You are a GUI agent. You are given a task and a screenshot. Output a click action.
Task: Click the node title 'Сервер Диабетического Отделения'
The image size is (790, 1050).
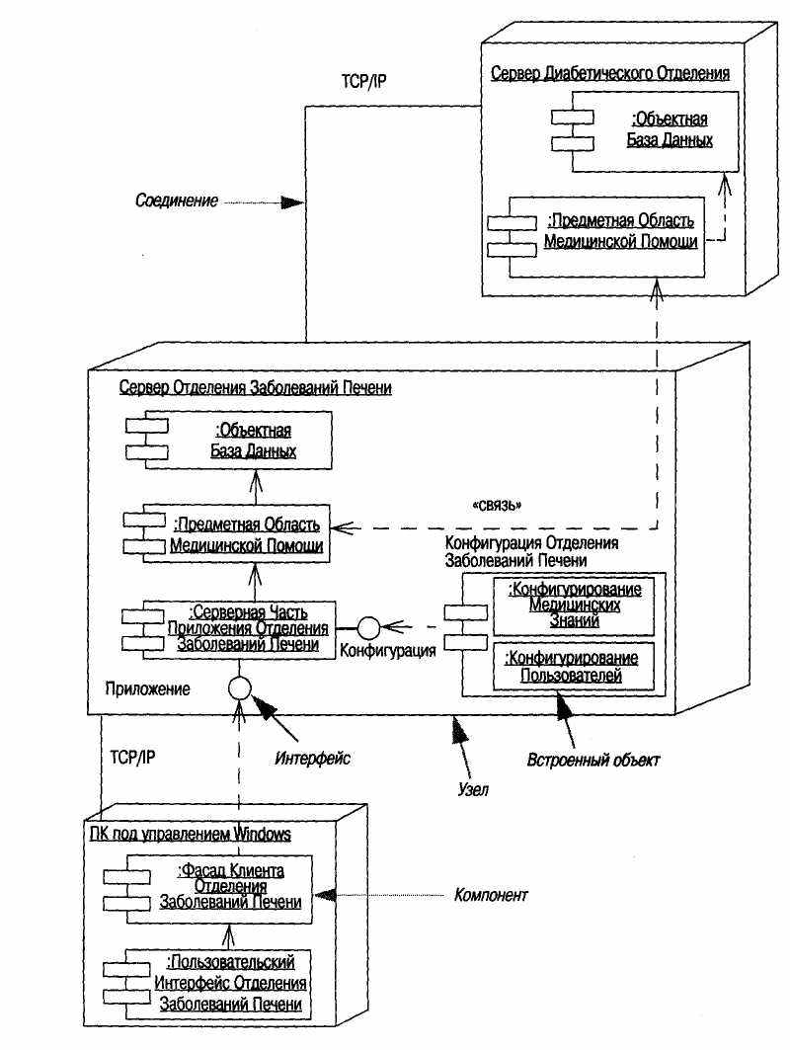pyautogui.click(x=610, y=73)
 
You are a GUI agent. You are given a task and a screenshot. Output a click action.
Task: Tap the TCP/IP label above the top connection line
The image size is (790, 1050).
pyautogui.click(x=363, y=81)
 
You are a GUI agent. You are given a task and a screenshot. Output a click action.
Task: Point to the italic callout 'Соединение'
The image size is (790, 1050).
pyautogui.click(x=177, y=201)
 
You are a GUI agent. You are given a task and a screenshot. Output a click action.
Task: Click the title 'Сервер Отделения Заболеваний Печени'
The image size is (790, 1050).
pyautogui.click(x=255, y=388)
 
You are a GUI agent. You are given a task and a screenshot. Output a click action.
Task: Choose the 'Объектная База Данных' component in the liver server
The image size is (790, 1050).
pyautogui.click(x=228, y=441)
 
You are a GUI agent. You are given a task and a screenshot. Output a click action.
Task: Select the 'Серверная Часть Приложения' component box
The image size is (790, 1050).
pyautogui.click(x=228, y=629)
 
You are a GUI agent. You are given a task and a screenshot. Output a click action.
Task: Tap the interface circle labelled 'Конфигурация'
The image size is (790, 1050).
pyautogui.click(x=368, y=628)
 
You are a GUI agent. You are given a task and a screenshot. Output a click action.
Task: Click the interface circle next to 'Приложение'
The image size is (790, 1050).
pyautogui.click(x=239, y=687)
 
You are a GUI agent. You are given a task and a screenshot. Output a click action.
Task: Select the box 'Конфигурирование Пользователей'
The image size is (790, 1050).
pyautogui.click(x=574, y=667)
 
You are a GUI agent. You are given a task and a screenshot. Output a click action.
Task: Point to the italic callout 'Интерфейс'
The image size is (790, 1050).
pyautogui.click(x=313, y=758)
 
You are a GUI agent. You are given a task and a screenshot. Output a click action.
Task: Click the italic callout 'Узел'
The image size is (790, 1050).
pyautogui.click(x=473, y=789)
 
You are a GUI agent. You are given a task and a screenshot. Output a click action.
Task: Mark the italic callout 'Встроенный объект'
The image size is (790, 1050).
pyautogui.click(x=593, y=760)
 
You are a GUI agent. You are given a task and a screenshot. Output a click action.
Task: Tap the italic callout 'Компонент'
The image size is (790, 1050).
pyautogui.click(x=491, y=895)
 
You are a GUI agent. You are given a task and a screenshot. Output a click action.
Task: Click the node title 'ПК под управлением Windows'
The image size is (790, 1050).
pyautogui.click(x=191, y=834)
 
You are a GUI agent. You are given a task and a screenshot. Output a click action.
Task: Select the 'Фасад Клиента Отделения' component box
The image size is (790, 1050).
pyautogui.click(x=207, y=889)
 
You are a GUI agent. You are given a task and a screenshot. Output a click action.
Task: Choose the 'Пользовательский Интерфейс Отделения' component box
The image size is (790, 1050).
pyautogui.click(x=207, y=983)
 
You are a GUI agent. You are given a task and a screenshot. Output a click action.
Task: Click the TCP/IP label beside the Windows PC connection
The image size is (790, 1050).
pyautogui.click(x=132, y=758)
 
